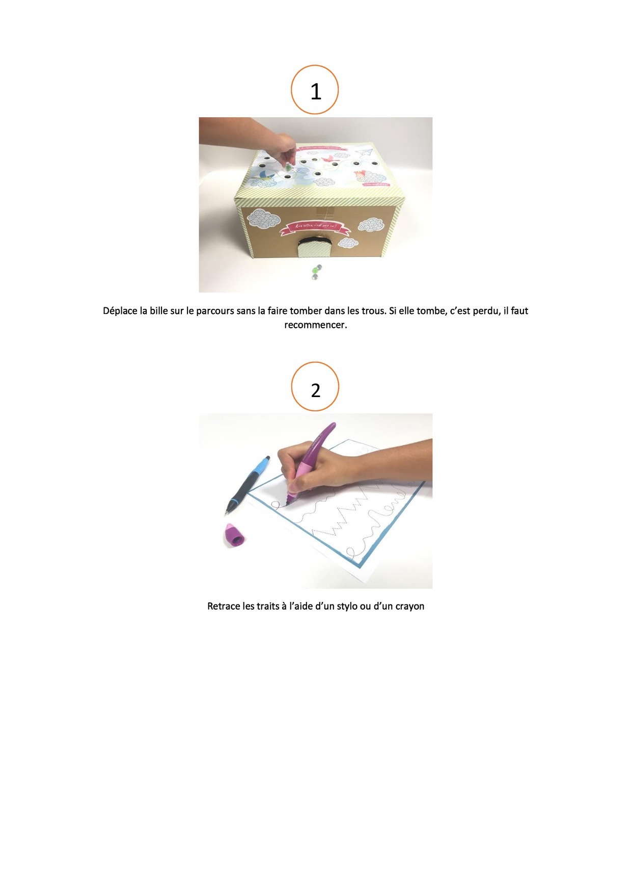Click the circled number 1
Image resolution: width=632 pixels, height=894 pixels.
pyautogui.click(x=315, y=90)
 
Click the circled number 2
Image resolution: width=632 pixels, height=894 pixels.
pyautogui.click(x=315, y=389)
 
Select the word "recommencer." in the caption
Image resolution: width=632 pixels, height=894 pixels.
pyautogui.click(x=315, y=325)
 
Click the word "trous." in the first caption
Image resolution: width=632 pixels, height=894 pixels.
pyautogui.click(x=374, y=310)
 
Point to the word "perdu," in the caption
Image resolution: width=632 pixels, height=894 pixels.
pyautogui.click(x=487, y=310)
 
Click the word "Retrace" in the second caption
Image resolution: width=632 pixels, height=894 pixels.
pyautogui.click(x=224, y=606)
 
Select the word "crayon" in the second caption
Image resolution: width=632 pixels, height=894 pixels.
pyautogui.click(x=410, y=606)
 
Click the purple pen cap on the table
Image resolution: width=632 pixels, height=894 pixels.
pyautogui.click(x=234, y=535)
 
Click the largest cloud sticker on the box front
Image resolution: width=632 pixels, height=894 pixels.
pyautogui.click(x=264, y=219)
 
